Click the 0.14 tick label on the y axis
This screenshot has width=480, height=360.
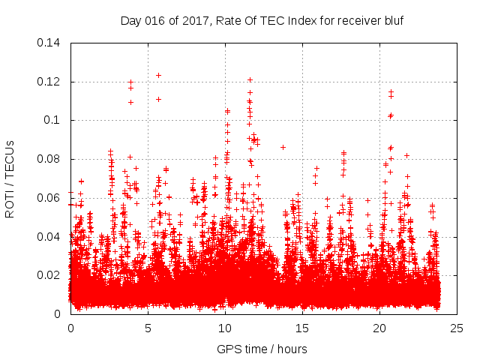click(x=52, y=43)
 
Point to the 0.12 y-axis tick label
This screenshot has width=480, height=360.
click(x=52, y=82)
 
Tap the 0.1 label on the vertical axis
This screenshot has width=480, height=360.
click(x=55, y=120)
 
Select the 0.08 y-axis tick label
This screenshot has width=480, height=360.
click(x=52, y=159)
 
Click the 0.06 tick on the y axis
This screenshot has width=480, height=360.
click(x=52, y=198)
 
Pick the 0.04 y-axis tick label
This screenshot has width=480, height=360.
click(x=52, y=237)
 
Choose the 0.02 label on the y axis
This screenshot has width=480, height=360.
click(x=52, y=275)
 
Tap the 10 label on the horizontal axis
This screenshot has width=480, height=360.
click(x=225, y=328)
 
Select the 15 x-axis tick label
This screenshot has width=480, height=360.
click(x=303, y=328)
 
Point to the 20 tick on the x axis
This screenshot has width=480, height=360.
click(x=380, y=328)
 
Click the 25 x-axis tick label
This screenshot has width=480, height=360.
click(x=457, y=328)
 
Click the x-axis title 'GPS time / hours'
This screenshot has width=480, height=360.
click(x=262, y=349)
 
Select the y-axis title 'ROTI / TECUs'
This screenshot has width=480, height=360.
click(x=10, y=178)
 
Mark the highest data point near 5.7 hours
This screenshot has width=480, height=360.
click(x=158, y=75)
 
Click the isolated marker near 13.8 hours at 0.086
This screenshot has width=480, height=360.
click(x=283, y=147)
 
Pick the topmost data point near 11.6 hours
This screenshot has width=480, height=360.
click(x=250, y=79)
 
